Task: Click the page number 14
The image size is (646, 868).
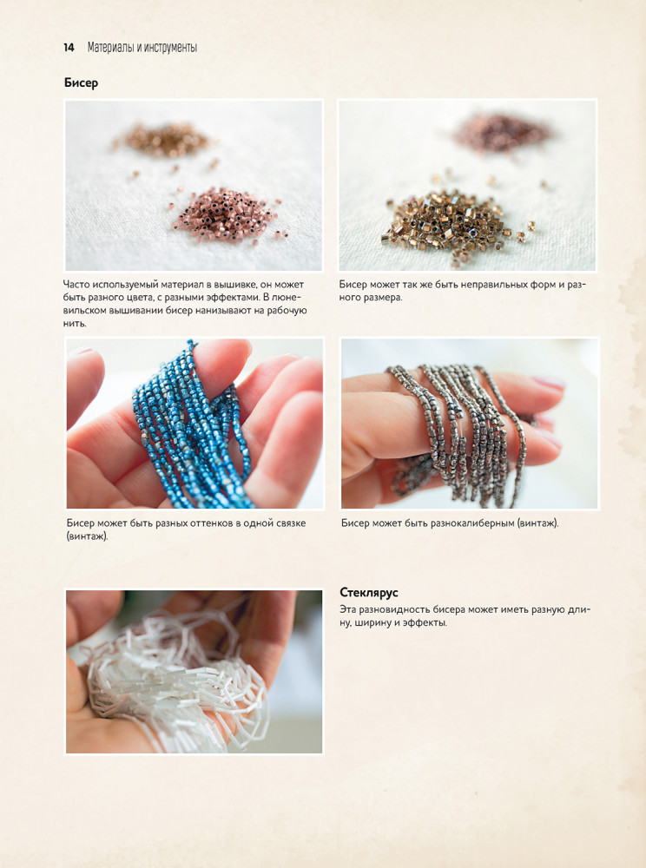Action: (x=69, y=48)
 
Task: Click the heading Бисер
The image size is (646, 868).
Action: (x=81, y=83)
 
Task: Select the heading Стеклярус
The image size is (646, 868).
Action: (x=369, y=593)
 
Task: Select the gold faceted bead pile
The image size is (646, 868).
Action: (x=454, y=224)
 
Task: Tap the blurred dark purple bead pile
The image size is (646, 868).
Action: (x=501, y=132)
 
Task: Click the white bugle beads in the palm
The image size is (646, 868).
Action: (x=177, y=681)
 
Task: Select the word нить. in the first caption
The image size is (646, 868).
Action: (x=75, y=324)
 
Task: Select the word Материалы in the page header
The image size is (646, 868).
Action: (x=110, y=48)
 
